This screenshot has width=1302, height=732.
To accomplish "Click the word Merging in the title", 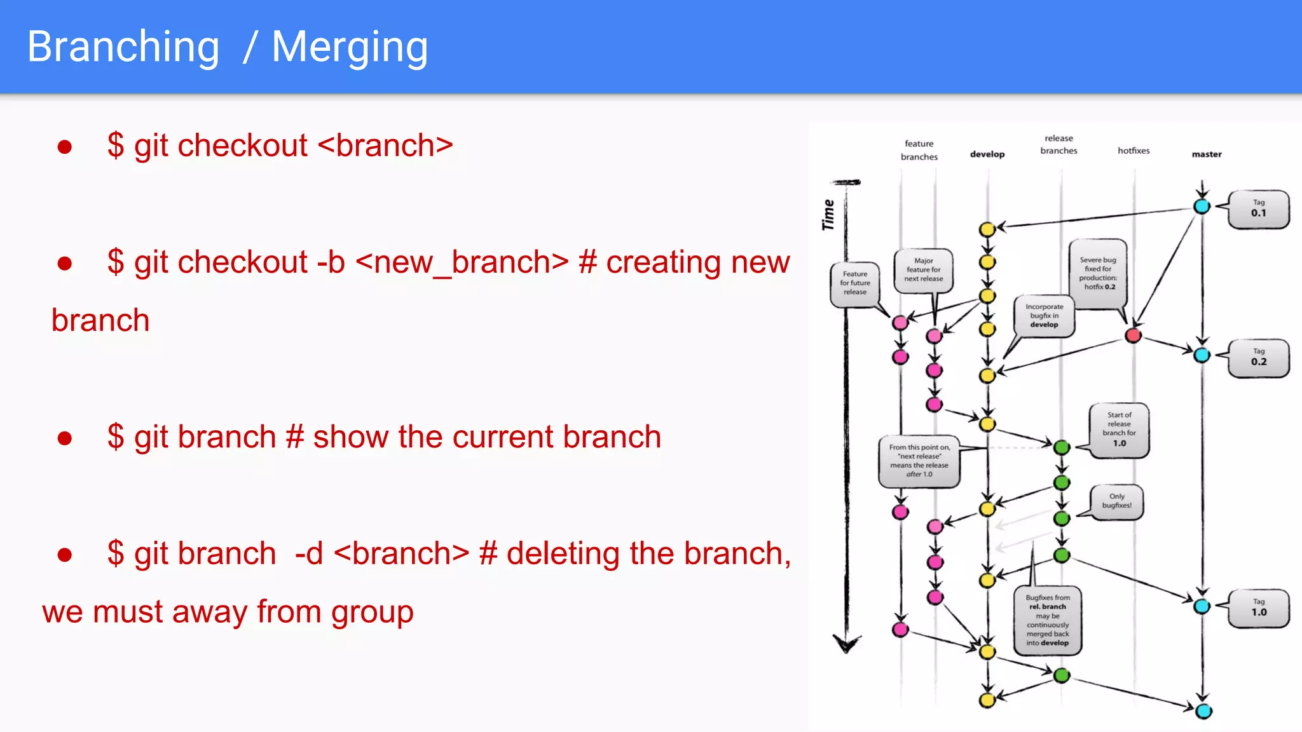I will (350, 48).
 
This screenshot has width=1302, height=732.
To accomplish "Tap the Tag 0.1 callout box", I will (1259, 209).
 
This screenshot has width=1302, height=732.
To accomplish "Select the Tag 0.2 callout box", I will (1259, 358).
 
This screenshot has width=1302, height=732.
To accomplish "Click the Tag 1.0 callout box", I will (1259, 608).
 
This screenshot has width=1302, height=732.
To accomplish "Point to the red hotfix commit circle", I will (1133, 335).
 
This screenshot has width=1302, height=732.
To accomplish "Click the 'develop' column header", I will (987, 154).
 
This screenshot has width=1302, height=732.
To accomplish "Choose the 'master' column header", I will (1207, 154).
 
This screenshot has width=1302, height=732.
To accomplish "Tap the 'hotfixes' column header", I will (1134, 151).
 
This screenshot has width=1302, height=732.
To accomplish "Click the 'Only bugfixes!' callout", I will (1117, 501).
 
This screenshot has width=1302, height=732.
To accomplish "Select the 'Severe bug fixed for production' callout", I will (1098, 274).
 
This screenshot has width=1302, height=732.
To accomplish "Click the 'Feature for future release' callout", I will (855, 283).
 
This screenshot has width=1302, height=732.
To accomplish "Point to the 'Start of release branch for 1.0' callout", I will (1119, 430).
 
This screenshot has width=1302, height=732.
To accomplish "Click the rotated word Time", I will (828, 215).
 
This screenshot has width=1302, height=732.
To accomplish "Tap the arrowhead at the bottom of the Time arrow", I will (847, 644).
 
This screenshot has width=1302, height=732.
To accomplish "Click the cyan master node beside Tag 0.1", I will (1202, 206).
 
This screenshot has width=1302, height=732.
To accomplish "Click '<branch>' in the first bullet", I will (385, 146).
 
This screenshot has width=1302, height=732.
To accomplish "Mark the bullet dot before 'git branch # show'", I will (64, 438).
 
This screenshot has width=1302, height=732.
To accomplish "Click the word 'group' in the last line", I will (372, 613).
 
